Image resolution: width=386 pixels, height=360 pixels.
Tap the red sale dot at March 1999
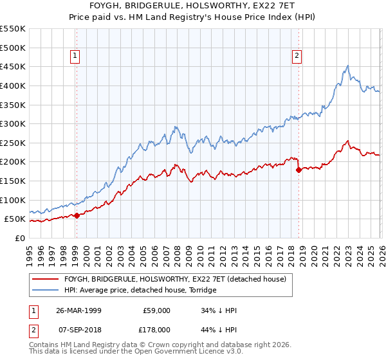click(x=77, y=215)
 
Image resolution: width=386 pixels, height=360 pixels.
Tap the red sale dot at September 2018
click(x=299, y=170)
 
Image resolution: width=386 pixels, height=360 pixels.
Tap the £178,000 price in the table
click(x=156, y=329)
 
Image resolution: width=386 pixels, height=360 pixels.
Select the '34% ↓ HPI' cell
click(x=217, y=310)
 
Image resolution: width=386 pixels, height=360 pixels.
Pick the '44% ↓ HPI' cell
click(x=217, y=329)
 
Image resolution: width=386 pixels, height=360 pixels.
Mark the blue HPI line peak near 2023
click(x=348, y=66)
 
